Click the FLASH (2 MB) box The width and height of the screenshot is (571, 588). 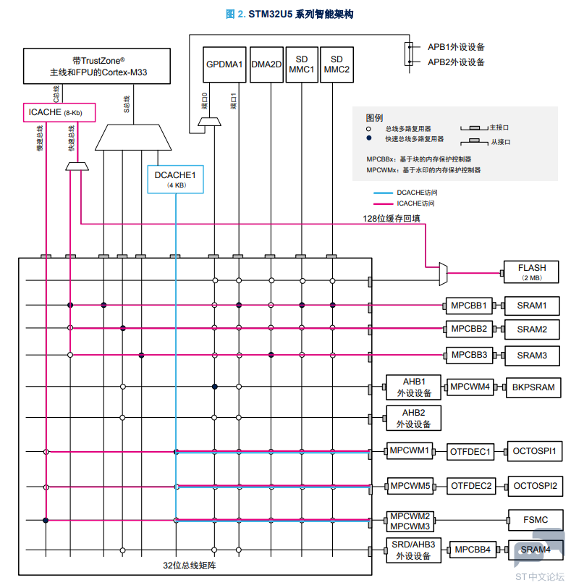pyautogui.click(x=531, y=272)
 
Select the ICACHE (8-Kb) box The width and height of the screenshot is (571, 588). pyautogui.click(x=59, y=112)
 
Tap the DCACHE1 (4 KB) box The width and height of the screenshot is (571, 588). pyautogui.click(x=175, y=180)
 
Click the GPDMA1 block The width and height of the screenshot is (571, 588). pyautogui.click(x=224, y=64)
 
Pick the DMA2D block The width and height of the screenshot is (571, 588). pyautogui.click(x=266, y=64)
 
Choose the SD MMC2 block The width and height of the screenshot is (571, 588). pyautogui.click(x=337, y=64)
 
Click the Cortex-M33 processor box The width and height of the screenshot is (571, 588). pyautogui.click(x=97, y=66)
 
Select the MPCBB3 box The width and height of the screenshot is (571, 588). pyautogui.click(x=469, y=355)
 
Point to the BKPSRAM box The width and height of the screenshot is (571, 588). pyautogui.click(x=533, y=387)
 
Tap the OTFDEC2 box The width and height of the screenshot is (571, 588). pyautogui.click(x=471, y=487)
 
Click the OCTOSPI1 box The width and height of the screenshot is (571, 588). pyautogui.click(x=534, y=451)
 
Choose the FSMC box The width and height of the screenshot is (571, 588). pyautogui.click(x=536, y=520)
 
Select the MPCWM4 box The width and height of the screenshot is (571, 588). pyautogui.click(x=470, y=387)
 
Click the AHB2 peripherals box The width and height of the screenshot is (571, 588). pyautogui.click(x=413, y=418)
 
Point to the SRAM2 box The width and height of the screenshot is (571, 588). pyautogui.click(x=532, y=329)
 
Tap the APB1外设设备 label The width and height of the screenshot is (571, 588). pyautogui.click(x=456, y=47)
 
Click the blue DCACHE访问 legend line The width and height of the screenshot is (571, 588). pyautogui.click(x=383, y=193)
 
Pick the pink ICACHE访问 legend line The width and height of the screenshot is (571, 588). pyautogui.click(x=383, y=203)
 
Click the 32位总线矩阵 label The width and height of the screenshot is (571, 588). pyautogui.click(x=189, y=566)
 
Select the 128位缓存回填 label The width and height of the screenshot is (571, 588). pyautogui.click(x=392, y=218)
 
